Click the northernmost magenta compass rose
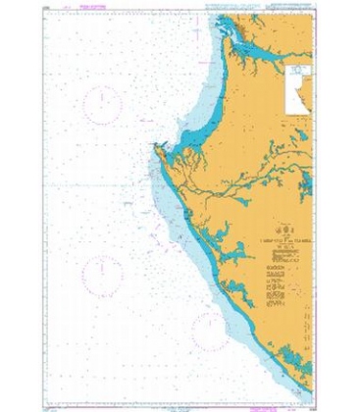point(102,106)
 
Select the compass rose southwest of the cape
point(101,274)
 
